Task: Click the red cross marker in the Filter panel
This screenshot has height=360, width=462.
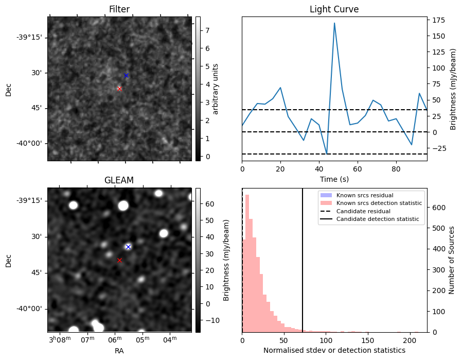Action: click(x=119, y=89)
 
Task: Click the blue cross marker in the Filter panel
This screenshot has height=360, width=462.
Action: click(x=126, y=75)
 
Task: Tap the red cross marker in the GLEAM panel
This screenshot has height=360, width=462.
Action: click(x=119, y=260)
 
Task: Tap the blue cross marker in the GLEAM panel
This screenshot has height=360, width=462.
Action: click(x=128, y=247)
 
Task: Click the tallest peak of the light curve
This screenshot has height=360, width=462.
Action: click(x=334, y=23)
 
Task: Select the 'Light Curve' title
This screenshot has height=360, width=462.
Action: click(x=334, y=9)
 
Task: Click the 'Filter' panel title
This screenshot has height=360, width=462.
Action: click(x=119, y=9)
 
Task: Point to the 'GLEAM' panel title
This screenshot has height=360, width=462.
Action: click(x=119, y=180)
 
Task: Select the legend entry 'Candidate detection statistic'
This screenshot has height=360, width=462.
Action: click(x=377, y=219)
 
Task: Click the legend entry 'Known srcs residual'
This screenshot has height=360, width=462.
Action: click(x=364, y=195)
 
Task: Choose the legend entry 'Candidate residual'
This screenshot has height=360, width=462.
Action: click(x=363, y=211)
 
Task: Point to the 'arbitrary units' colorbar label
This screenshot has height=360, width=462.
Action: click(x=216, y=89)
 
